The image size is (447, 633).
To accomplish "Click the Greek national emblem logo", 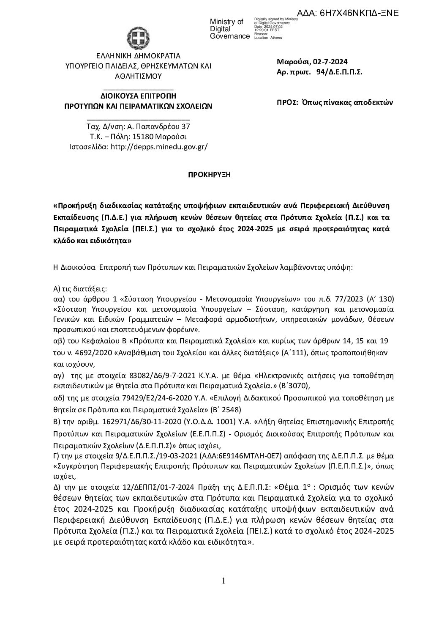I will pyautogui.click(x=139, y=36).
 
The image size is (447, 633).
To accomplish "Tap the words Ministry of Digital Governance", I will pyautogui.click(x=230, y=29).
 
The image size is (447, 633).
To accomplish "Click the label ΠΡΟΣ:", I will pyautogui.click(x=286, y=102).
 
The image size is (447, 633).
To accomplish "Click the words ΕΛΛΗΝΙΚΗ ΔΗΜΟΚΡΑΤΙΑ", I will pyautogui.click(x=138, y=55).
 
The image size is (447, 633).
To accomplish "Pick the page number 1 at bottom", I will pyautogui.click(x=223, y=580).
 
